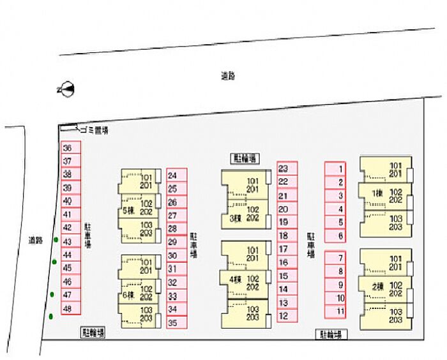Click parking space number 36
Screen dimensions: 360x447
[71, 148]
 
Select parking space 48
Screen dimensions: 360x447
[71, 309]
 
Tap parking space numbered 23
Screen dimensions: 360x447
[287, 169]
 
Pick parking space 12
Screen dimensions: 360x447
[287, 315]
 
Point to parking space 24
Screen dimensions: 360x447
[177, 175]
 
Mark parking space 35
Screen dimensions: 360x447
[177, 322]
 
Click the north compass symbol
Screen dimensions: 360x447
[66, 89]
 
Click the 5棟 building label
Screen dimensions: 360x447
[128, 210]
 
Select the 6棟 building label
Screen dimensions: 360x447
[128, 295]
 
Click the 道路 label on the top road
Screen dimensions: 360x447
[228, 76]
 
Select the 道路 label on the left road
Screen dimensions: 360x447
[35, 241]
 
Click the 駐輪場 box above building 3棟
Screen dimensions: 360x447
[244, 158]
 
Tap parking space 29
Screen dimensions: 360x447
[177, 242]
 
